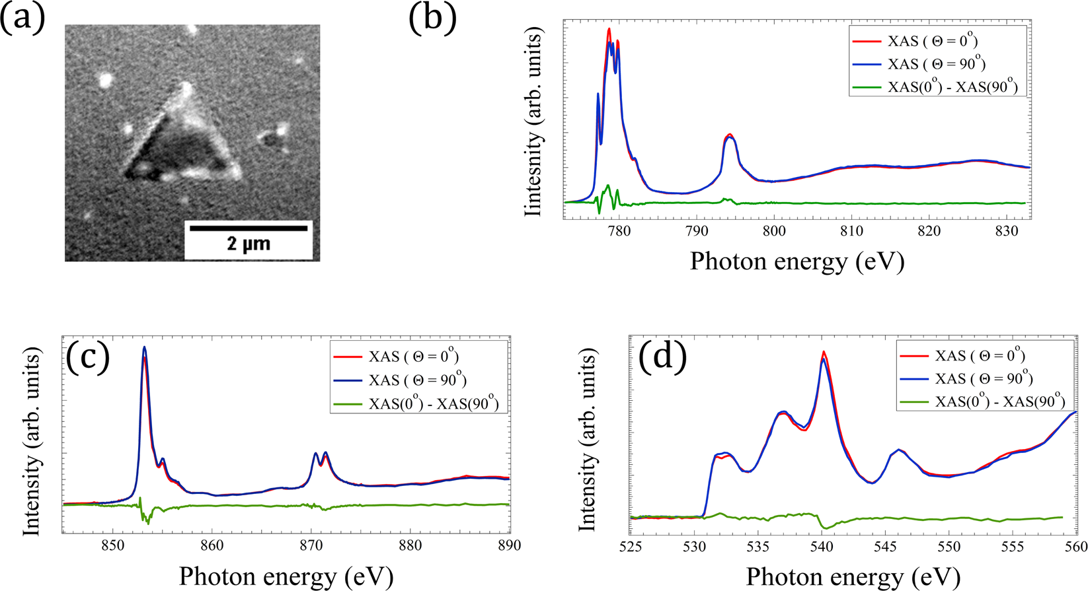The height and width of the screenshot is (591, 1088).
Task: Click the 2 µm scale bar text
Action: coord(249,244)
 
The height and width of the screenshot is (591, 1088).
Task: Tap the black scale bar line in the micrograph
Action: coord(249,228)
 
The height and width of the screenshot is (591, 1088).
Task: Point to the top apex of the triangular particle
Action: coord(186,87)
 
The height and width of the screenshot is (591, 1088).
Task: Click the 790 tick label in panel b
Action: coord(696,231)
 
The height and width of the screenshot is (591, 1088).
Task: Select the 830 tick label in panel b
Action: coord(1006,231)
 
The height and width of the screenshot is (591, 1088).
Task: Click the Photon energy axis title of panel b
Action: coord(797,261)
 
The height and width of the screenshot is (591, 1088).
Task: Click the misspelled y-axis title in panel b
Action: coord(535,122)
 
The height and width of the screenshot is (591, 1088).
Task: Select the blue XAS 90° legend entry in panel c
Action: coord(417,380)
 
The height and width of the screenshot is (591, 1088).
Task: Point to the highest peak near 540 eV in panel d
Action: coord(824,353)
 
